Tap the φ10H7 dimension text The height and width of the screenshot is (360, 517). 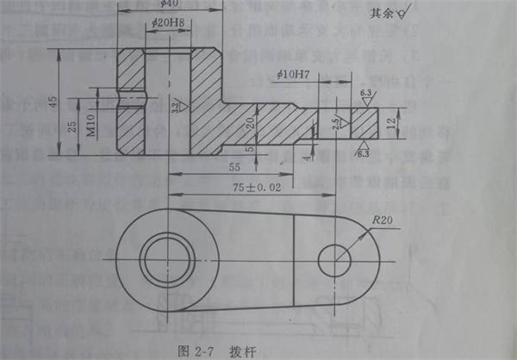coord(294,76)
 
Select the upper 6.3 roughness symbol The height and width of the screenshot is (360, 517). coord(364,93)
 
